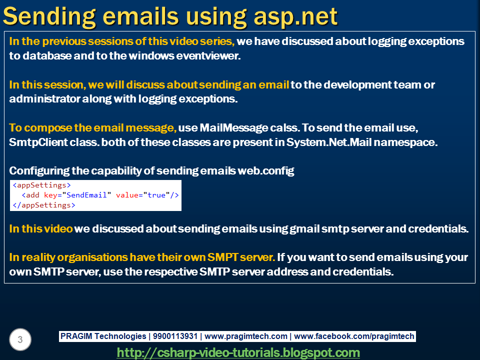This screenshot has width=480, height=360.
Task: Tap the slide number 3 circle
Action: [20, 340]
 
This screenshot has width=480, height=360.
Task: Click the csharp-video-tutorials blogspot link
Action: [238, 352]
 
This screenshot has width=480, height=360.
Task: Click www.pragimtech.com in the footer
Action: [246, 336]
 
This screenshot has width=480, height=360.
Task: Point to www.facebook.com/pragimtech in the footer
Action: [354, 336]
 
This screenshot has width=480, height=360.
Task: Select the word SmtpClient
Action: [34, 142]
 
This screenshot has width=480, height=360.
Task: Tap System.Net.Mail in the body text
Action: [328, 142]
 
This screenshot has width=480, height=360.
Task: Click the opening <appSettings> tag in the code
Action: [42, 185]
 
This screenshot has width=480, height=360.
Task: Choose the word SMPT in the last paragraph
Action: [224, 257]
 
